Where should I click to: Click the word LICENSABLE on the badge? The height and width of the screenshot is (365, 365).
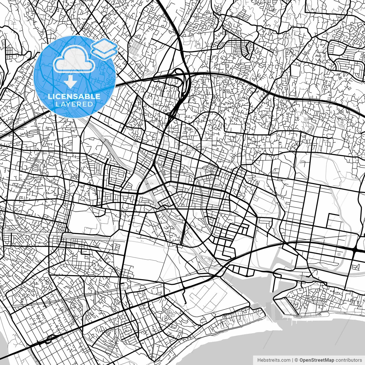(74, 96)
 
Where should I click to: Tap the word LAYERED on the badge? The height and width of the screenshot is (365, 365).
(74, 104)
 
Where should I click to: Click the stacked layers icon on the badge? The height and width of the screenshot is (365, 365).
(104, 48)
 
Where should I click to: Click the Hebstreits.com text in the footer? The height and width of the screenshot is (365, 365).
(274, 360)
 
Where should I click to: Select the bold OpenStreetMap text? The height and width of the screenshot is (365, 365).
(317, 360)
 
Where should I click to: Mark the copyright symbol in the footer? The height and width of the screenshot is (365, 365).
(296, 360)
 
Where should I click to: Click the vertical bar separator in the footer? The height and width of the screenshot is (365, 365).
(293, 360)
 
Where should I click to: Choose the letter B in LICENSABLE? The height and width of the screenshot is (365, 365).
(87, 96)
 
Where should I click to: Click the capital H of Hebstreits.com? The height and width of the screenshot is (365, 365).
(259, 360)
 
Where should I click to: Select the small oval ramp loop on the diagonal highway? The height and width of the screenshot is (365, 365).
(50, 339)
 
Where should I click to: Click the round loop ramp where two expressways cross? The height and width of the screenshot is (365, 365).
(179, 73)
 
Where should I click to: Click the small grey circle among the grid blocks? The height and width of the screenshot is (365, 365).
(339, 254)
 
